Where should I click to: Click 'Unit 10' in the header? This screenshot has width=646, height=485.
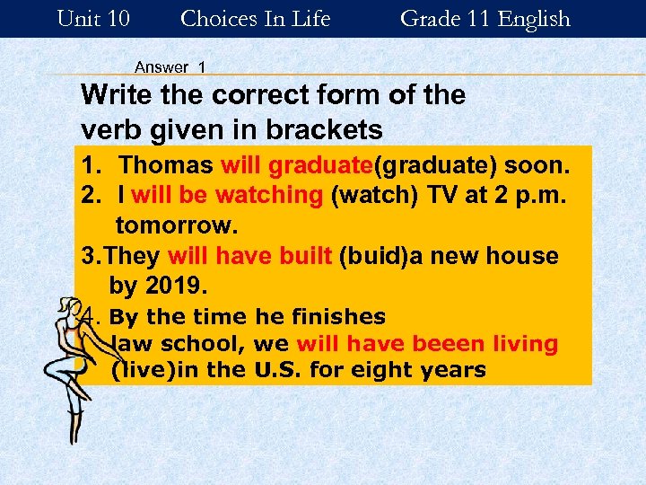pyautogui.click(x=92, y=19)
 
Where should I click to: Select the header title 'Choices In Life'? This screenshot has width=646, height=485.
pyautogui.click(x=256, y=19)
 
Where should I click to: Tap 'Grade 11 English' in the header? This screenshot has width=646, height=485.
pyautogui.click(x=484, y=19)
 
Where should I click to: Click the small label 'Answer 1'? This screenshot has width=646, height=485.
pyautogui.click(x=170, y=67)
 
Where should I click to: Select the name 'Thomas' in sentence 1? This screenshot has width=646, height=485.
pyautogui.click(x=166, y=166)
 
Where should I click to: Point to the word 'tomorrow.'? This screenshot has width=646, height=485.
pyautogui.click(x=172, y=224)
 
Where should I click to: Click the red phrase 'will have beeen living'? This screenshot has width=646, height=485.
pyautogui.click(x=427, y=344)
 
